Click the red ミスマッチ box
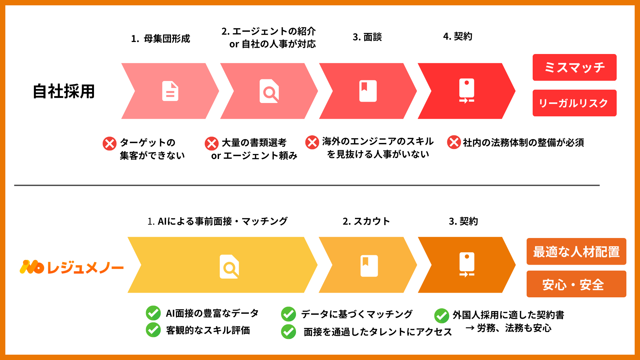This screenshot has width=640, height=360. tap(574, 67)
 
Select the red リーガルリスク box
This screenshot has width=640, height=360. tap(574, 103)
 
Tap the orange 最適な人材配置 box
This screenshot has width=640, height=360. tap(576, 251)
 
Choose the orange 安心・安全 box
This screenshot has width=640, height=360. tap(576, 284)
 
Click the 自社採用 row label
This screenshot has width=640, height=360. tap(64, 91)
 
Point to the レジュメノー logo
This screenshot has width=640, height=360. tap(71, 267)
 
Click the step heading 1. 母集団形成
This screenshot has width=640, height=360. tap(160, 39)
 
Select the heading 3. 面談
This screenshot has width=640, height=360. tap(367, 37)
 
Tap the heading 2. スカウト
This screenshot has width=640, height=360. tap(366, 221)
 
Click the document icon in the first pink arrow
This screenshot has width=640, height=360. tap(170, 91)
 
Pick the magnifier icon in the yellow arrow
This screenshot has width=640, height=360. tap(229, 267)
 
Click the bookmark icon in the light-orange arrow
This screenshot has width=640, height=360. tap(369, 266)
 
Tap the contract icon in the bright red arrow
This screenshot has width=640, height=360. tap(466, 91)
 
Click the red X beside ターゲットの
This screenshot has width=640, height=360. tap(109, 144)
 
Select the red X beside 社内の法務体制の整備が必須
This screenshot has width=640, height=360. tap(454, 142)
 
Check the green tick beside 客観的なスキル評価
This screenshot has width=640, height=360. tap(153, 330)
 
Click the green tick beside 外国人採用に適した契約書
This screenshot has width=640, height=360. tap(442, 316)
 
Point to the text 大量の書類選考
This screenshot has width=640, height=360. tap(254, 143)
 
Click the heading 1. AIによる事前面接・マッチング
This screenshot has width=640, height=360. tap(217, 221)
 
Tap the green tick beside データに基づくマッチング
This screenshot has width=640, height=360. tap(288, 314)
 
